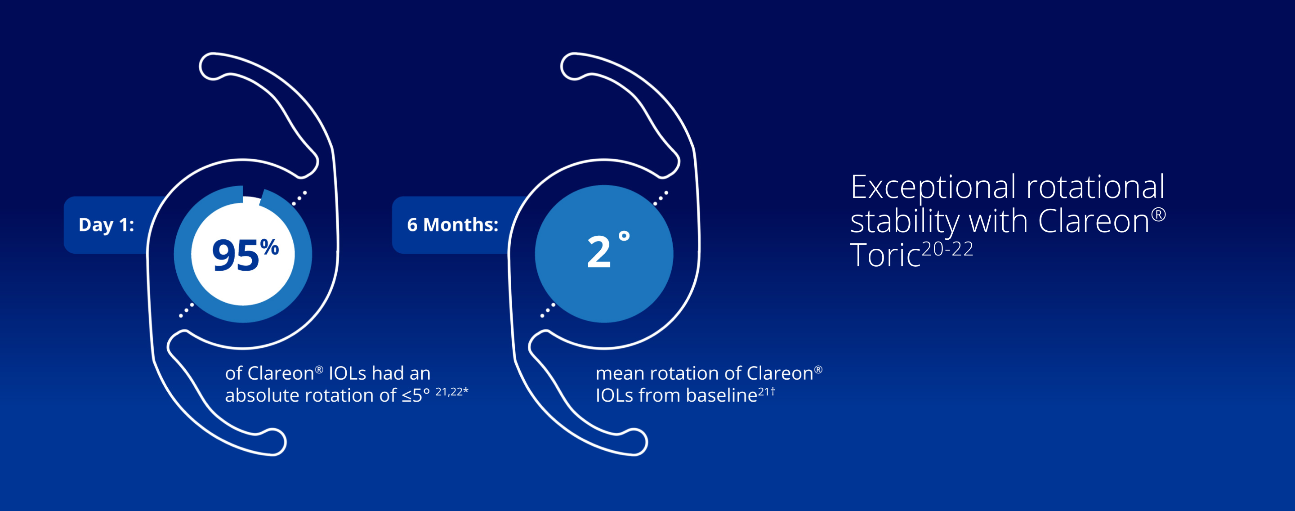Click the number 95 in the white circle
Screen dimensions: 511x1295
pos(235,255)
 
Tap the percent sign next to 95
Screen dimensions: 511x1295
pos(269,247)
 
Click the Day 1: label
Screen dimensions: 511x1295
pos(106,225)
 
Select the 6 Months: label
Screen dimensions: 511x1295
pos(452,225)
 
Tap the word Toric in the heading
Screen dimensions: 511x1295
pos(884,255)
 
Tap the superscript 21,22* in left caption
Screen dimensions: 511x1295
pos(451,392)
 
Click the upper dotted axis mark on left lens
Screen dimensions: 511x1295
pos(299,197)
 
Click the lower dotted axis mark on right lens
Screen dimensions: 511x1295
pos(548,310)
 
